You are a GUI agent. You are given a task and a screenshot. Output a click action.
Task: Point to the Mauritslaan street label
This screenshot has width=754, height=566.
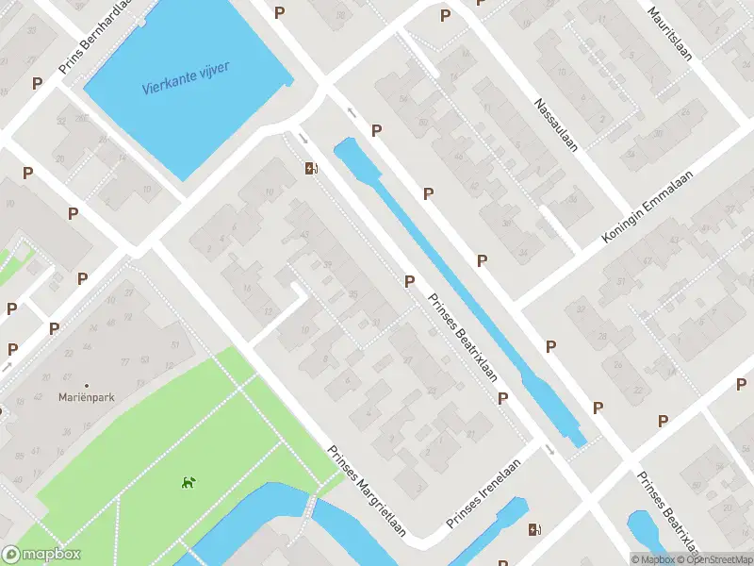coord(669,34)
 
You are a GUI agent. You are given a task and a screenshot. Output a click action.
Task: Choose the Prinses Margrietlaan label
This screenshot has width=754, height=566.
coord(367,491)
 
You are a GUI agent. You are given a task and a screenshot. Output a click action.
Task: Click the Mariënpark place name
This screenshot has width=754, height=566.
coord(86,398)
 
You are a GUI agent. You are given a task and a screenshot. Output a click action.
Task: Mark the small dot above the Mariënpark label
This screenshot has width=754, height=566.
coord(87,385)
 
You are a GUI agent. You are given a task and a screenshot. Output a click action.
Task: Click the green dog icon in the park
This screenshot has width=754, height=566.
coord(188,483)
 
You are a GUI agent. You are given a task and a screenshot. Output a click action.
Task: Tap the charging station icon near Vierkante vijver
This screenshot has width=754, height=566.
coord(311,170)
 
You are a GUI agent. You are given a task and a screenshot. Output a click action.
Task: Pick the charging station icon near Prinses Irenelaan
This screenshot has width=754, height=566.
coord(535,530)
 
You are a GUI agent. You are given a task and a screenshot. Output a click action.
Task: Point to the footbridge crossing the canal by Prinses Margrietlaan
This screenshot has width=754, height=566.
coord(310,507)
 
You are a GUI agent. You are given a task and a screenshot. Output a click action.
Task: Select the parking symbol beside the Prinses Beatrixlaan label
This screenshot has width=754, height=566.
coord(409,281)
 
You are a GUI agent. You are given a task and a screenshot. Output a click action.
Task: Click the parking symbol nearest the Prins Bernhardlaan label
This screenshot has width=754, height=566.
coord(37,83)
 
